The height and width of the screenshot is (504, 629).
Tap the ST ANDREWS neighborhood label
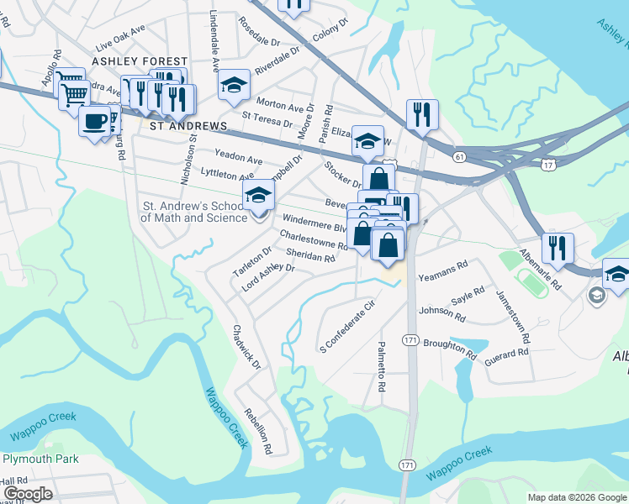click(188, 126)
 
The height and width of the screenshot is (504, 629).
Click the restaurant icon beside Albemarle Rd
click(558, 248)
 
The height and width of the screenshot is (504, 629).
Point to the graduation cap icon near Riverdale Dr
click(234, 85)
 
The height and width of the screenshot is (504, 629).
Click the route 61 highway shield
click(458, 157)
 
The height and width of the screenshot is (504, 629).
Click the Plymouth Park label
click(40, 459)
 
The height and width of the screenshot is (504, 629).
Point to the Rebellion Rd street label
click(258, 431)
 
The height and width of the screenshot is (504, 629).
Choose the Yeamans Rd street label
click(443, 268)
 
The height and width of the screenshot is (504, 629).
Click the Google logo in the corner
click(28, 494)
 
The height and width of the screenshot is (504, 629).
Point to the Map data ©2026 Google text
click(577, 497)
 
